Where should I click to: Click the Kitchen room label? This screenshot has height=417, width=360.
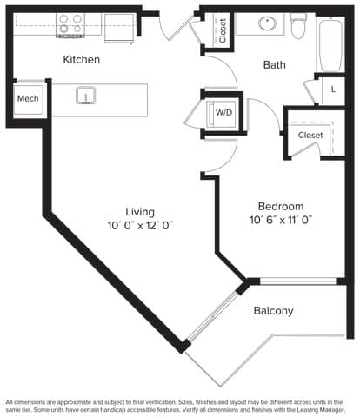pos(82,59)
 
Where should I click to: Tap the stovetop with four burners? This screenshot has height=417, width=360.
pos(70,25)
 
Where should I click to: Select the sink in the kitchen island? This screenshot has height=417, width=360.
pos(86,96)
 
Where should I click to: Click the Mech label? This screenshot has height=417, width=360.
pos(28,98)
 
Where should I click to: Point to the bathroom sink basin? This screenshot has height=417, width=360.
pos(268,23)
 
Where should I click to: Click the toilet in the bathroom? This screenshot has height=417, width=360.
pos(298,25)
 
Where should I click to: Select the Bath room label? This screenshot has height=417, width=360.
pos(275,64)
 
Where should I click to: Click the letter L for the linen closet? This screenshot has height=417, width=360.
pos(333,89)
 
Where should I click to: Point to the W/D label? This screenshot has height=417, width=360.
pos(224,112)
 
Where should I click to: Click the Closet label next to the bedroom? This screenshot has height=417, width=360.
pos(310,135)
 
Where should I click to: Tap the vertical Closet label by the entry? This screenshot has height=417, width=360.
pos(223,30)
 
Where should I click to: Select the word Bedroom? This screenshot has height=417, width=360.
pos(281,206)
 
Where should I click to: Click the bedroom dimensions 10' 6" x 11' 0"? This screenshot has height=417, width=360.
pos(281,220)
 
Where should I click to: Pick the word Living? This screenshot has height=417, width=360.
pos(140,212)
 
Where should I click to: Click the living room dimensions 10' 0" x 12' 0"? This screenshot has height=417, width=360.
pos(140,226)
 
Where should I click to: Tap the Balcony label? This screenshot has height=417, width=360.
pos(273,311)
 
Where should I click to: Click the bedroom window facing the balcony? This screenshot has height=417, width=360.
pos(298,281)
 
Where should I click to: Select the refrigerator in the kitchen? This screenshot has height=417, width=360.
pos(119,28)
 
